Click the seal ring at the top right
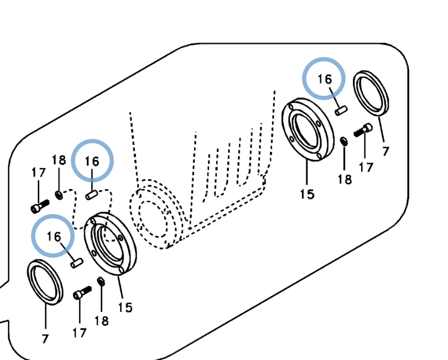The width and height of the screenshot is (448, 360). [371, 91]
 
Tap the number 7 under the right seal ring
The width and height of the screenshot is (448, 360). [386, 150]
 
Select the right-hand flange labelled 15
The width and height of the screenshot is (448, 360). [308, 130]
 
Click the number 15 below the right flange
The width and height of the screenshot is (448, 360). [307, 194]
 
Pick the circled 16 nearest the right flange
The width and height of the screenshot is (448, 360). [324, 79]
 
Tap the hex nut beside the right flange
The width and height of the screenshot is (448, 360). [343, 142]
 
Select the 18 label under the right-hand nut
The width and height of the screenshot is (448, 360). [345, 179]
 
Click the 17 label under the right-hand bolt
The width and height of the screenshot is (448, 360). [366, 166]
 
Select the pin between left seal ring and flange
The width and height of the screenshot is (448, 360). [77, 262]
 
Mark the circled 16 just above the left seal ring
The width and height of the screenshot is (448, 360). [53, 236]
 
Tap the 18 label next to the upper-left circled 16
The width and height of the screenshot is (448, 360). [59, 160]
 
